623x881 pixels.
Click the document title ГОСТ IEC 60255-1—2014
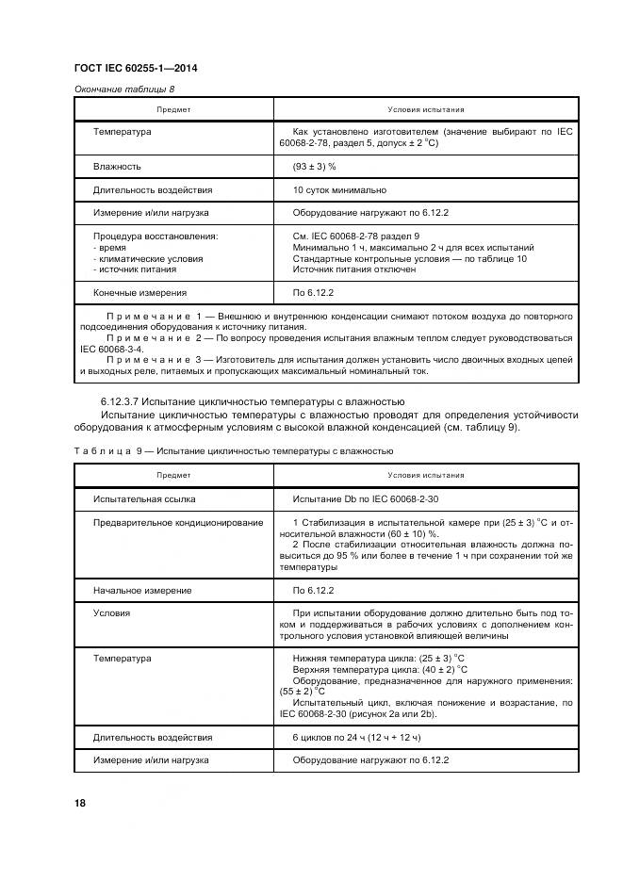point(135,68)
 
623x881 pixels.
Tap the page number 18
point(81,803)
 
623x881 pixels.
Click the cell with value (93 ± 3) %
point(314,166)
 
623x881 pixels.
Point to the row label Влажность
point(117,166)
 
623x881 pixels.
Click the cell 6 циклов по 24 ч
point(356,736)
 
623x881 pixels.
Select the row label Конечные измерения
point(139,293)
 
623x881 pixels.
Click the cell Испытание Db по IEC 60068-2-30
point(364,498)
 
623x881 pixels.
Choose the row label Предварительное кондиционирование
point(178,522)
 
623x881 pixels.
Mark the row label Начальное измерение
point(142,590)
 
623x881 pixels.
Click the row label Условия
point(111,612)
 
